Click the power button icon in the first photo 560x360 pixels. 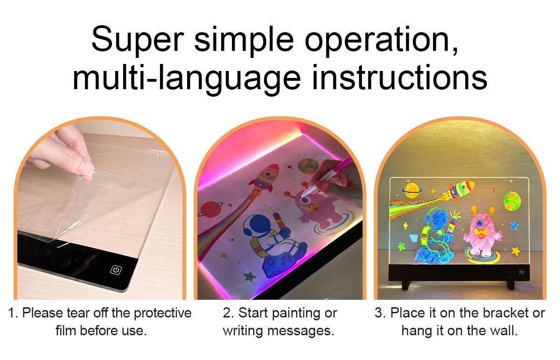click(116, 270)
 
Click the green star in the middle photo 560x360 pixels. click(251, 276)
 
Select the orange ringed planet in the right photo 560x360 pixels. click(411, 189)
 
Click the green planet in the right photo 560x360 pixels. click(512, 200)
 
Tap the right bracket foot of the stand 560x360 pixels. click(510, 283)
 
